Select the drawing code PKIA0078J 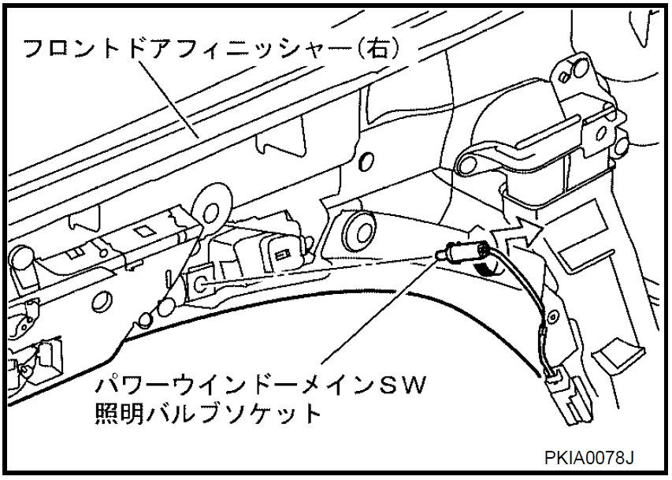point(588,457)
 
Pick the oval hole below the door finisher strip point(365,161)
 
